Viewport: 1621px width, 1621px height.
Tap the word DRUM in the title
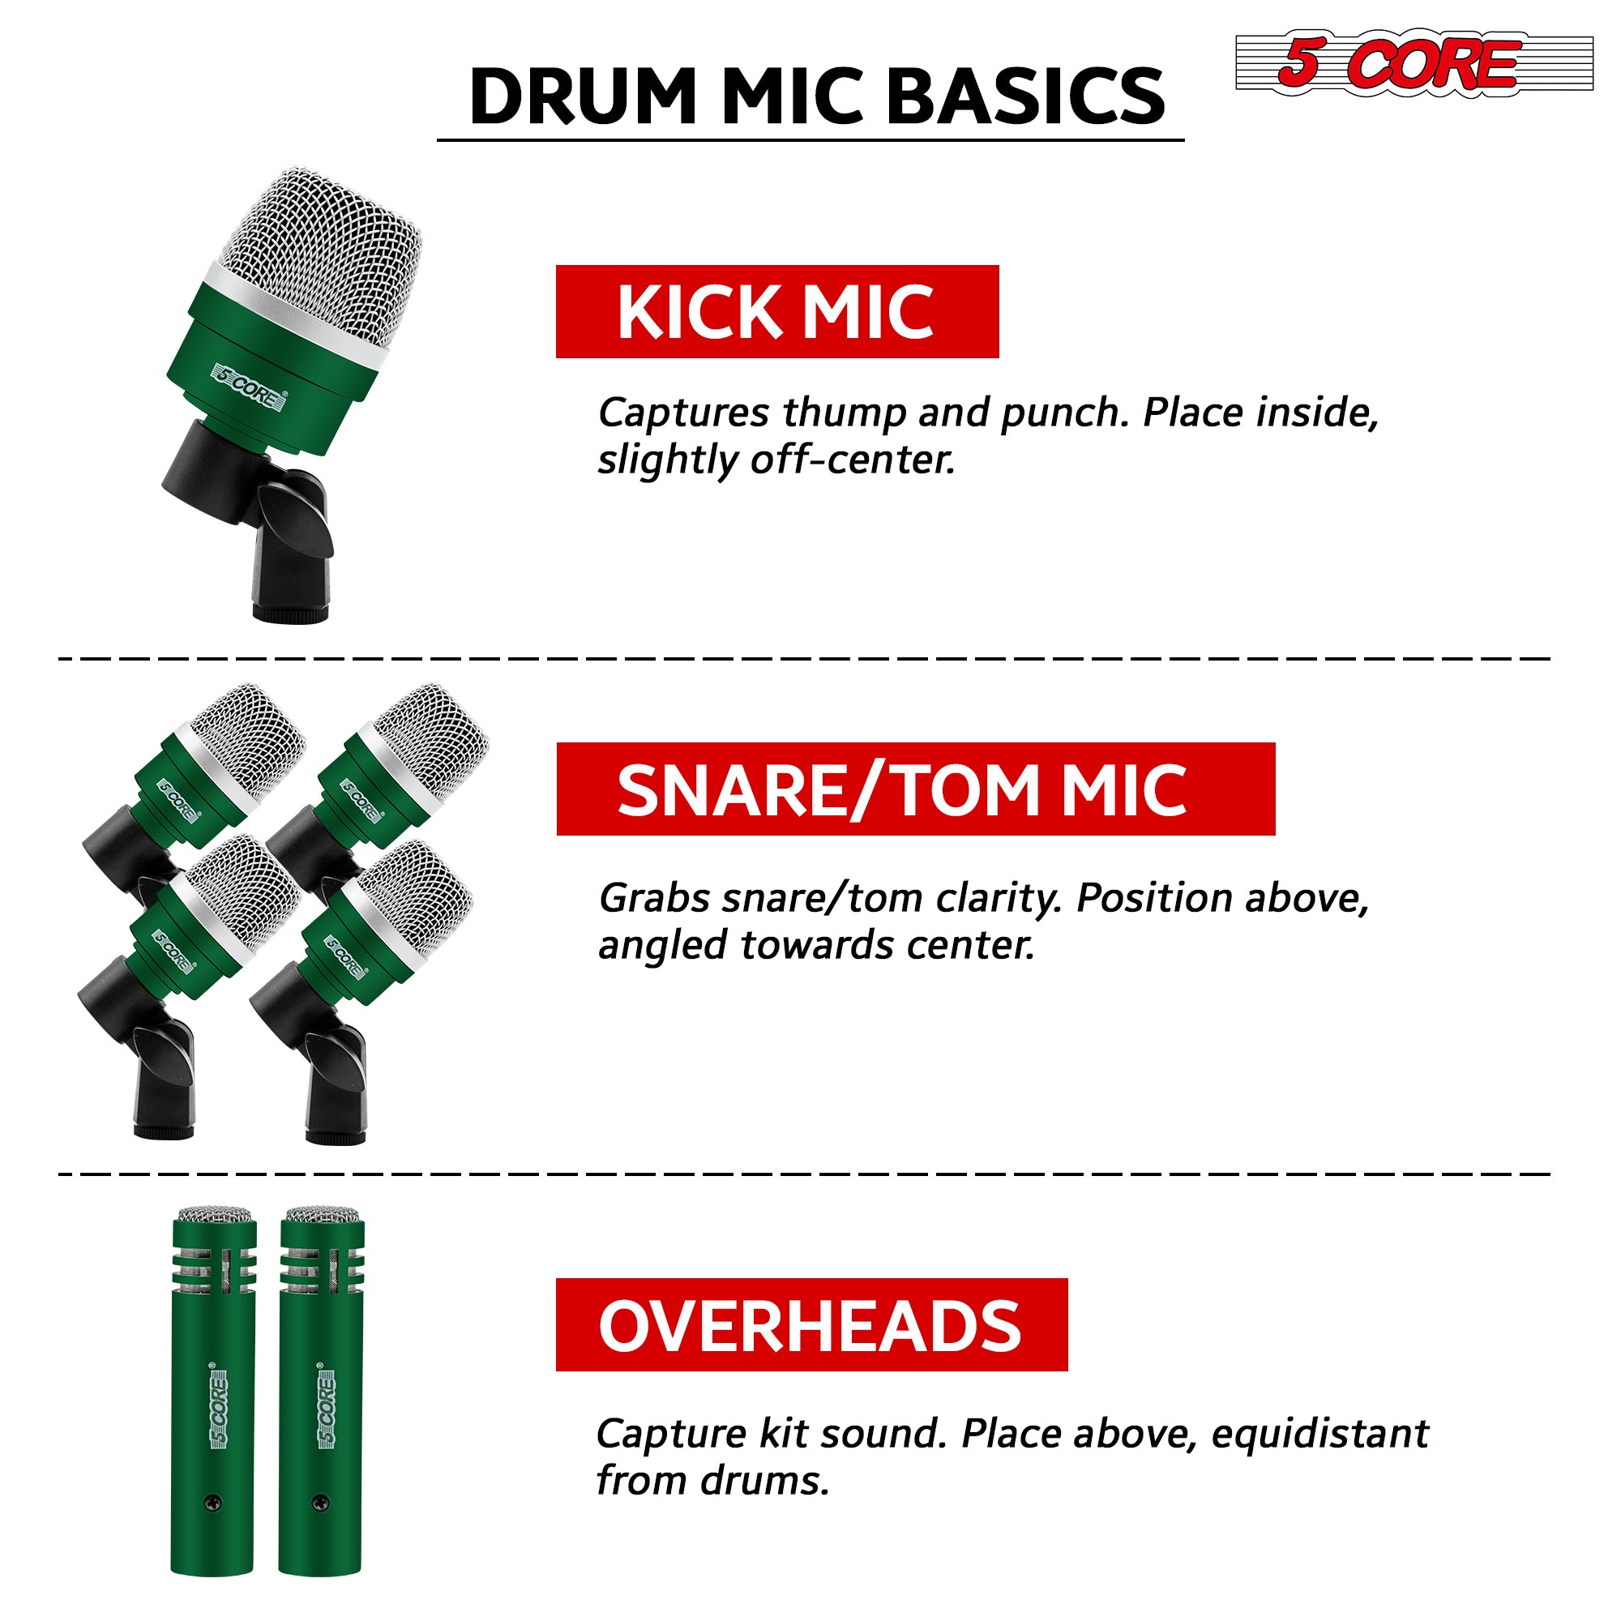pyautogui.click(x=582, y=96)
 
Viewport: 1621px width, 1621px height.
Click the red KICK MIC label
pyautogui.click(x=776, y=312)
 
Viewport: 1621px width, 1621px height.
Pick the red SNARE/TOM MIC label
pyautogui.click(x=914, y=789)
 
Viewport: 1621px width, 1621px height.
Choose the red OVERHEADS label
pyautogui.click(x=810, y=1326)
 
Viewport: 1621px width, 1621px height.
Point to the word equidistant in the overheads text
pyautogui.click(x=1319, y=1434)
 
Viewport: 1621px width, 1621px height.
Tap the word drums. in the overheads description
pyautogui.click(x=764, y=1482)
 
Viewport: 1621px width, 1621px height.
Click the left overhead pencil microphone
pyautogui.click(x=213, y=1392)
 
